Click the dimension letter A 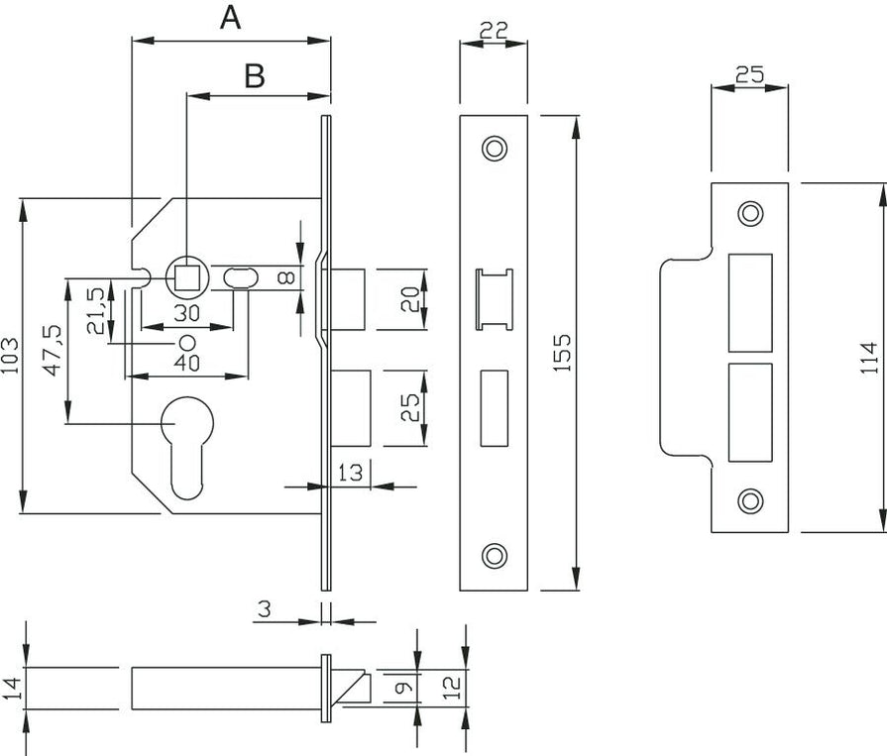230,18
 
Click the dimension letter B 255,76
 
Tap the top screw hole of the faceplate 493,148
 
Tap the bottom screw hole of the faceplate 493,556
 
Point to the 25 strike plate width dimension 749,73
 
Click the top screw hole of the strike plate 750,214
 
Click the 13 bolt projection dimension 349,473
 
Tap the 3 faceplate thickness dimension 264,610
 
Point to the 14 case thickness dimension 11,688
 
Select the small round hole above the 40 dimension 185,342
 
